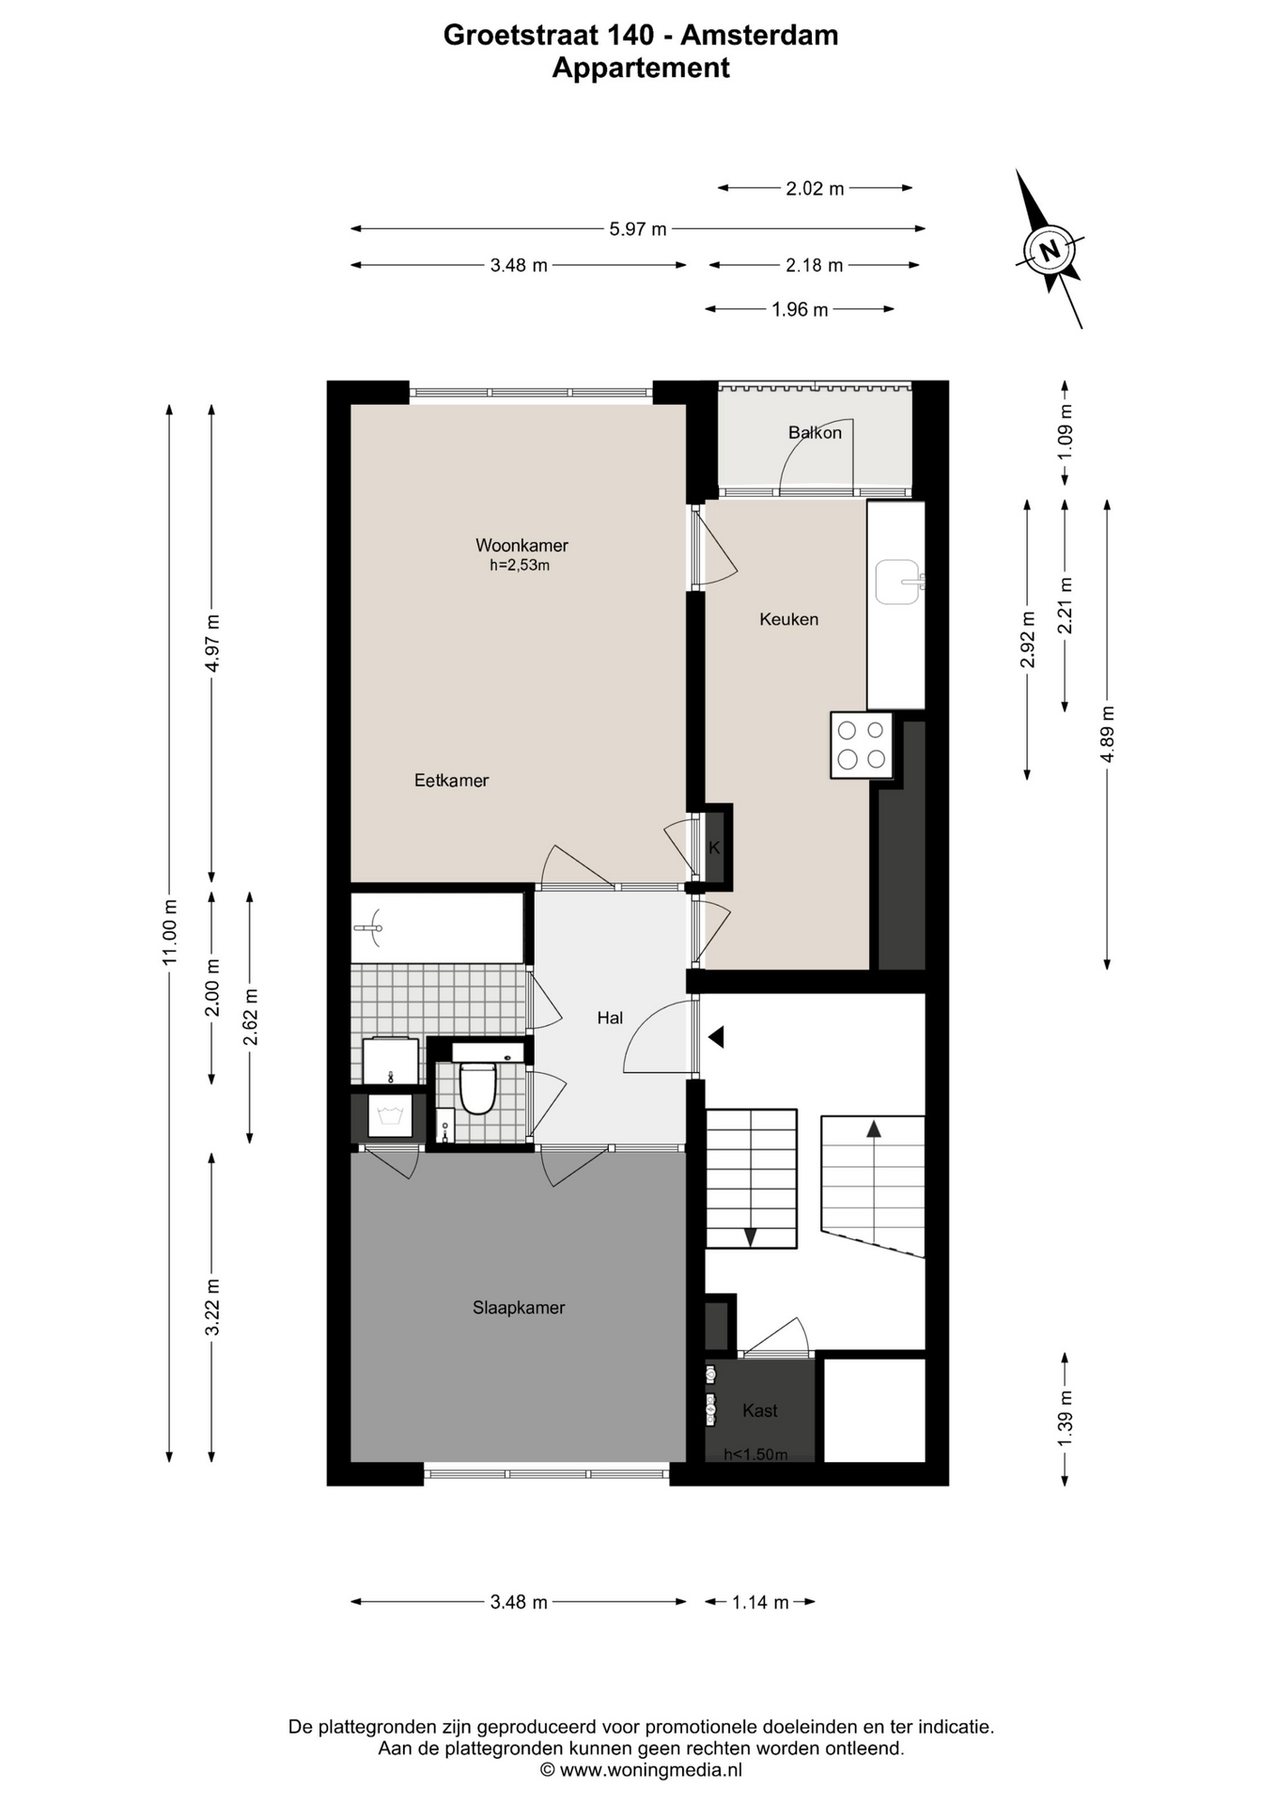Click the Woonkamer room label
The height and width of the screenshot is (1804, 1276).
pyautogui.click(x=521, y=545)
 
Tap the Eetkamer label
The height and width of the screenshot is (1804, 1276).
pyautogui.click(x=451, y=780)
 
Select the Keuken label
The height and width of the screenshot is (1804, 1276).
pyautogui.click(x=788, y=619)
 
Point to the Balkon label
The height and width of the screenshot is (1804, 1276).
pyautogui.click(x=815, y=432)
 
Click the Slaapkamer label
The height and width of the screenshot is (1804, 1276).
pyautogui.click(x=519, y=1307)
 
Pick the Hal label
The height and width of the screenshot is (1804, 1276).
pyautogui.click(x=610, y=1018)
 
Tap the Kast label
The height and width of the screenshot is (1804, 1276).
pyautogui.click(x=759, y=1410)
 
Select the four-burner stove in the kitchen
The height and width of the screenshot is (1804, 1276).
pyautogui.click(x=862, y=745)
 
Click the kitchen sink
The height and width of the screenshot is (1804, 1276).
pyautogui.click(x=897, y=583)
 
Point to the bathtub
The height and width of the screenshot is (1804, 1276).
pyautogui.click(x=437, y=927)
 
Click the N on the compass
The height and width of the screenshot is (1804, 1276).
pyautogui.click(x=1050, y=250)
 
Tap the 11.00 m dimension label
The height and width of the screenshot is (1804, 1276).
pyautogui.click(x=169, y=932)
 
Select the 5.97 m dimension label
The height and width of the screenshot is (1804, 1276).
pyautogui.click(x=638, y=228)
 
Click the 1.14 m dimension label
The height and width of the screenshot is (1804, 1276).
pyautogui.click(x=760, y=1602)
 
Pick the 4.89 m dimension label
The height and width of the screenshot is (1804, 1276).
pyautogui.click(x=1107, y=734)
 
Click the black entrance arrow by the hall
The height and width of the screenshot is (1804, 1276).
pyautogui.click(x=716, y=1037)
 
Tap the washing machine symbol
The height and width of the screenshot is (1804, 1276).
pyautogui.click(x=390, y=1116)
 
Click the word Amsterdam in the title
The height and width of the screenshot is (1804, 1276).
pyautogui.click(x=759, y=35)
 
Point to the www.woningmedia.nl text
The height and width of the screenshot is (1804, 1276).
pyautogui.click(x=650, y=1770)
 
